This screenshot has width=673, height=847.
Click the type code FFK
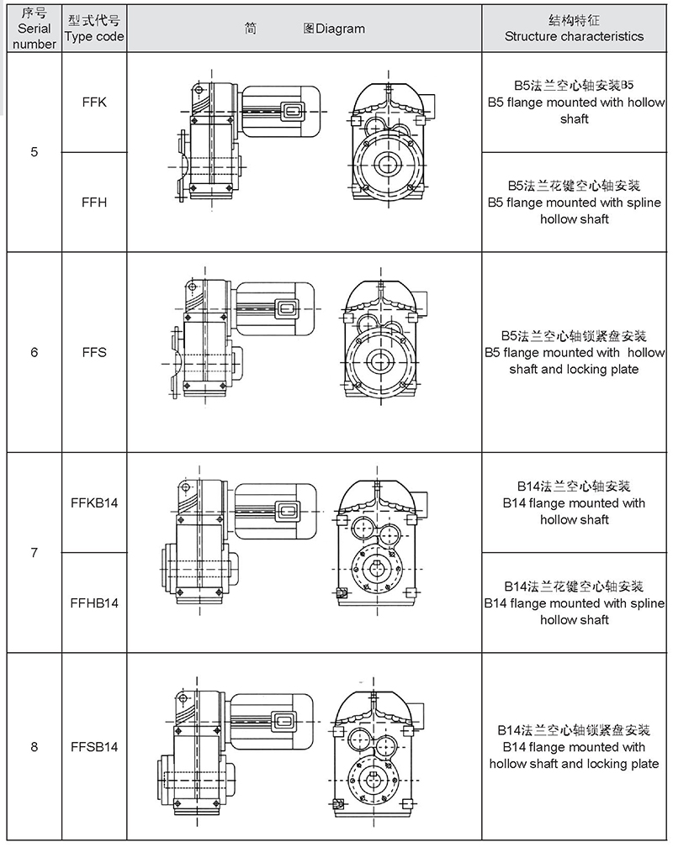click(x=95, y=103)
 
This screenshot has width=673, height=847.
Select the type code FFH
click(x=95, y=203)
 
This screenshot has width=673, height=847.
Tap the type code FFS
click(x=95, y=352)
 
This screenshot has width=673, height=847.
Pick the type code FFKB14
click(x=95, y=503)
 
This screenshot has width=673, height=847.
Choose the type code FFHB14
click(x=95, y=602)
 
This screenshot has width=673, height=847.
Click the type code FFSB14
click(x=95, y=746)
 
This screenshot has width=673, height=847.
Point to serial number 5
click(x=34, y=153)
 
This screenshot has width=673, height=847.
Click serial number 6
click(x=34, y=352)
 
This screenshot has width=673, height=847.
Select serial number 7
click(x=34, y=553)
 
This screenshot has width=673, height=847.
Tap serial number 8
click(x=34, y=746)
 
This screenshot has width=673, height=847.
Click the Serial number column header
click(x=34, y=29)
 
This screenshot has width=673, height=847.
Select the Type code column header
click(x=95, y=29)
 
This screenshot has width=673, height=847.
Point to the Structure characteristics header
click(x=575, y=29)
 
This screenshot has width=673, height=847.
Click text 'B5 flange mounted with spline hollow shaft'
click(x=575, y=210)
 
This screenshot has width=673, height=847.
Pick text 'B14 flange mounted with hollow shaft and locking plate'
click(x=575, y=755)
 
